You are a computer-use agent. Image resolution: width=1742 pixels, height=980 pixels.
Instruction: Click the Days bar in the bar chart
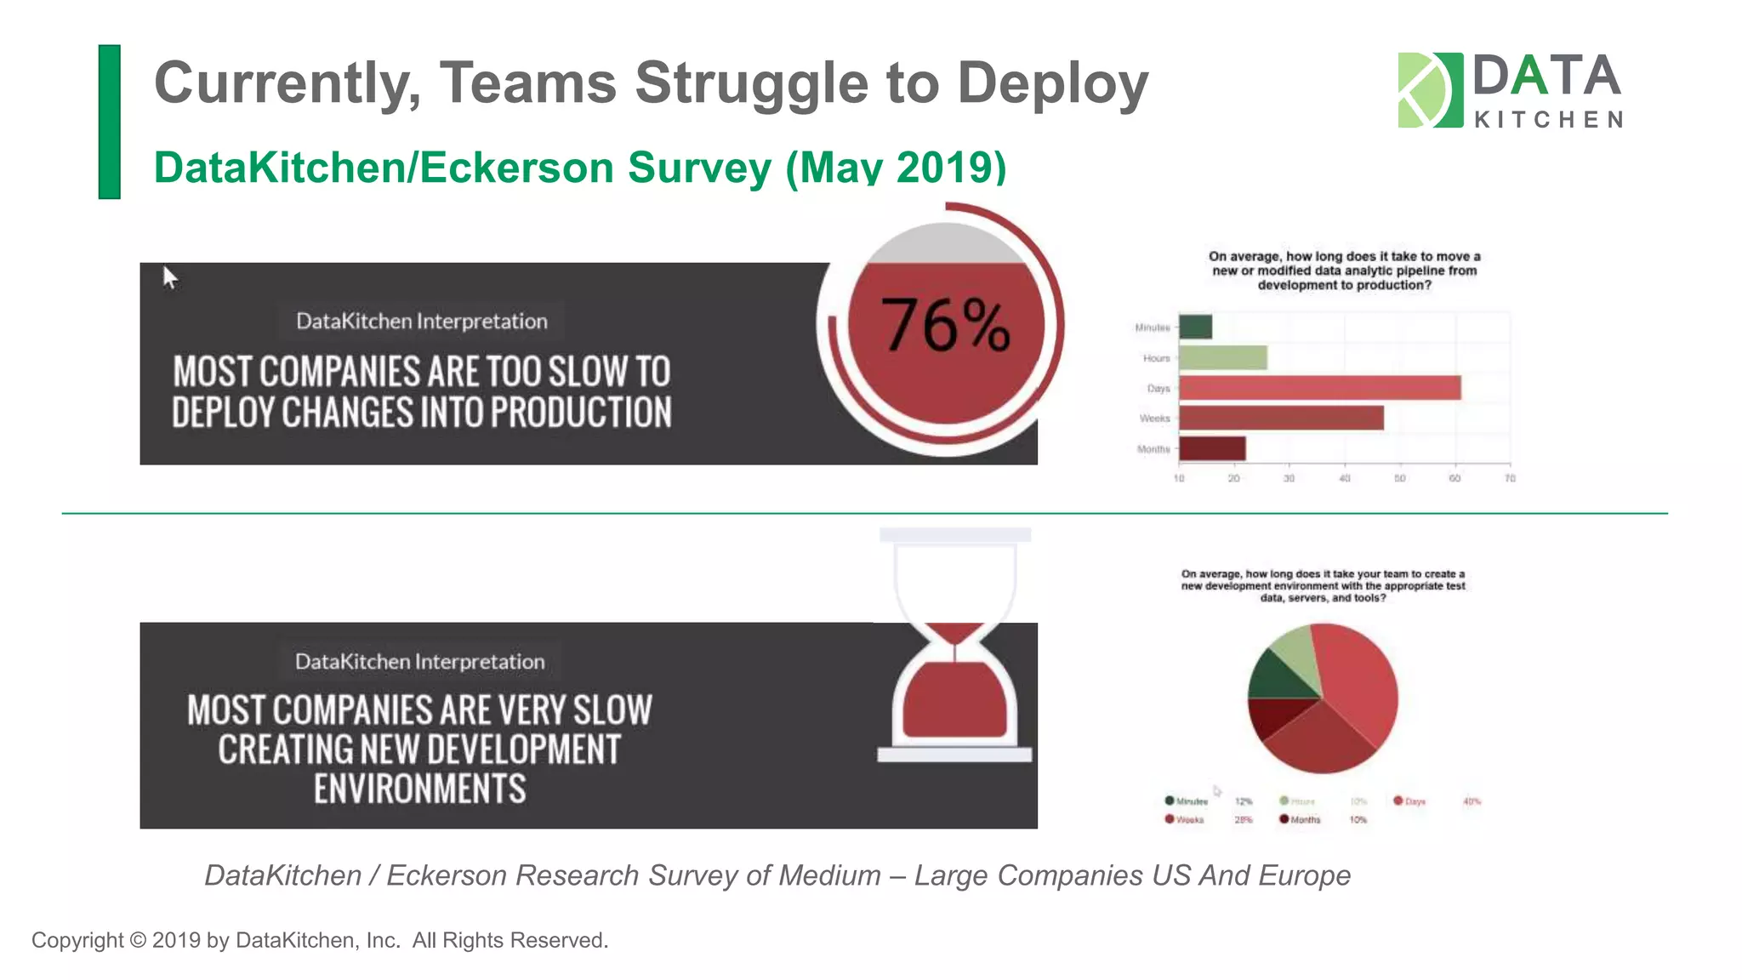tap(1319, 388)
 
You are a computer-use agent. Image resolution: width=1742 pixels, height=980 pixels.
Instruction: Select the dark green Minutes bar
tap(1195, 327)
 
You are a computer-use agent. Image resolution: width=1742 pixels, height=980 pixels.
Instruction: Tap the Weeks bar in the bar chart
tap(1281, 419)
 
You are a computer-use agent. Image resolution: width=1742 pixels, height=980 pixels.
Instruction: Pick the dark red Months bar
tap(1212, 448)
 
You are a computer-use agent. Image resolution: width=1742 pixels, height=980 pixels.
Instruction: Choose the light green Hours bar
tap(1222, 358)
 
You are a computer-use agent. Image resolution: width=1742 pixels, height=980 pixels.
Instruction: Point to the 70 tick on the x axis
tap(1510, 479)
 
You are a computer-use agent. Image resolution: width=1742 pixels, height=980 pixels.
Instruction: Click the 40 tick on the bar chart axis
tap(1345, 479)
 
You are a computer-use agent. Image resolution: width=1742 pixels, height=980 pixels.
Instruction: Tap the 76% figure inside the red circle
tap(946, 325)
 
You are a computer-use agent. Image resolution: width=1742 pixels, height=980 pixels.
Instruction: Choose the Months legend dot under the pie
tap(1284, 819)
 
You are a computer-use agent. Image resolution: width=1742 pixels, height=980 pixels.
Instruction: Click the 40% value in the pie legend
tap(1472, 801)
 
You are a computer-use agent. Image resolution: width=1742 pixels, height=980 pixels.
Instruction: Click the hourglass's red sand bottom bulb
tap(954, 702)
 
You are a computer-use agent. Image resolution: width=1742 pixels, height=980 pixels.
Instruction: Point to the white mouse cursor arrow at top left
tap(169, 276)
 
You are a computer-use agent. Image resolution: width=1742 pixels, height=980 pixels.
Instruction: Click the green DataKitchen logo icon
tap(1430, 90)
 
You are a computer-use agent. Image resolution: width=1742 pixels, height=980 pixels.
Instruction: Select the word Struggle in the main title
tap(751, 83)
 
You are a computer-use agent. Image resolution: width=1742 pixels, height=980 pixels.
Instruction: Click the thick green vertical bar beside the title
tap(110, 122)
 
